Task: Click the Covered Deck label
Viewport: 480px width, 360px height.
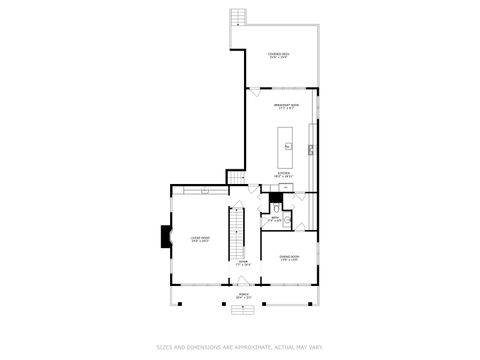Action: (279, 56)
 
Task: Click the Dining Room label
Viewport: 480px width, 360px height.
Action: (289, 258)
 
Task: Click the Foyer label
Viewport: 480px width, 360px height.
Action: (243, 263)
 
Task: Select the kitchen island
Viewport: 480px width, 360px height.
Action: (287, 145)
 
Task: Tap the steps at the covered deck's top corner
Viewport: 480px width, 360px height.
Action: (237, 18)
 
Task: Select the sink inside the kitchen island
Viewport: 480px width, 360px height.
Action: (287, 147)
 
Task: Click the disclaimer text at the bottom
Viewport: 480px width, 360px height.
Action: (240, 348)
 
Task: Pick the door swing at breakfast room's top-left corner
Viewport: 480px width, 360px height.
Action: (252, 94)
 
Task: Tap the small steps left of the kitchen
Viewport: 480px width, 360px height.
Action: (236, 178)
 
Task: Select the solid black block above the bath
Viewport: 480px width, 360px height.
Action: (276, 198)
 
